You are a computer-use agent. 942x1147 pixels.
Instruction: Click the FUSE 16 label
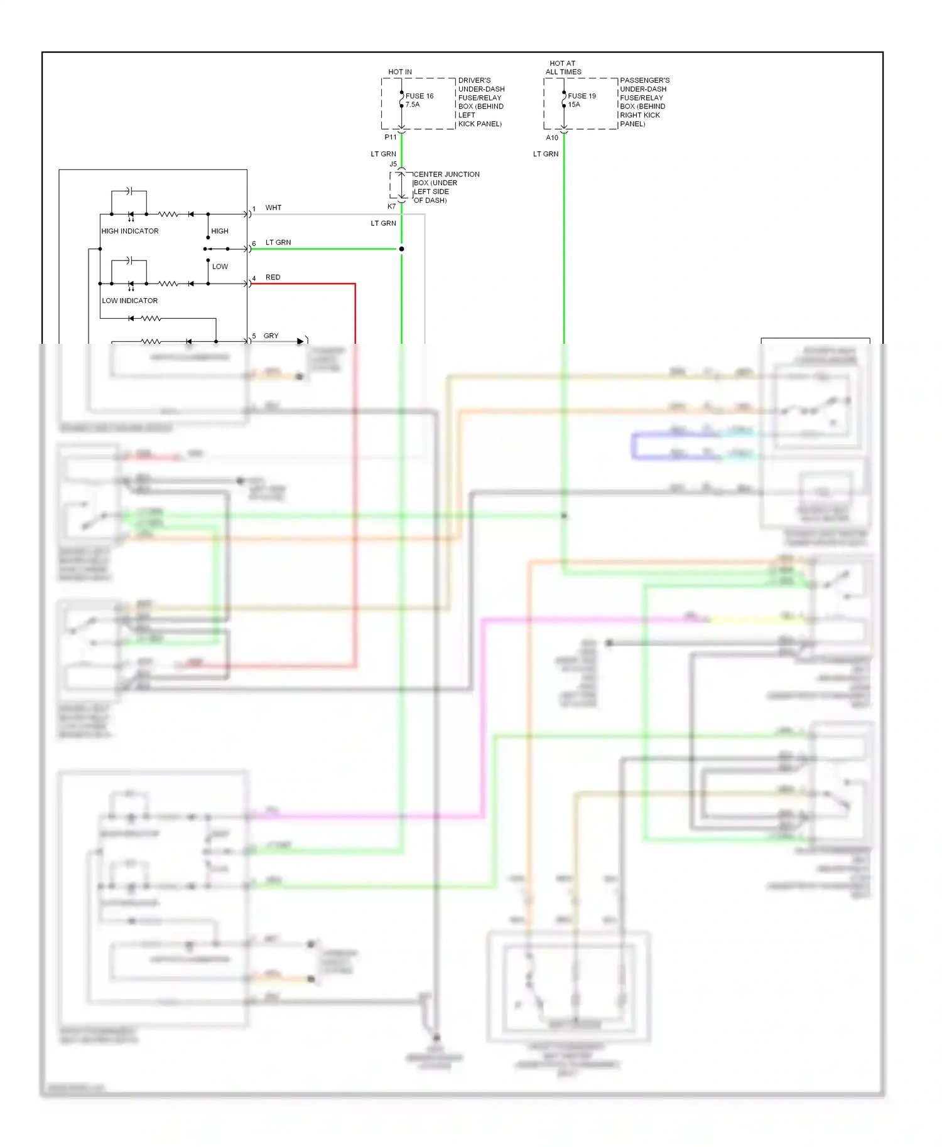click(x=419, y=96)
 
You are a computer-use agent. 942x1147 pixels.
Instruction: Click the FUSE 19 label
click(x=582, y=96)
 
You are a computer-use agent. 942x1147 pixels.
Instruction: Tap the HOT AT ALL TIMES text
click(x=563, y=68)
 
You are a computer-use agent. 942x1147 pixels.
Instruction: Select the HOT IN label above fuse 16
click(x=400, y=72)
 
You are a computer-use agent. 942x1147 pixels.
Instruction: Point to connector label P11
click(x=390, y=137)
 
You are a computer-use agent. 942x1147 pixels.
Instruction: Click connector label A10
click(x=551, y=137)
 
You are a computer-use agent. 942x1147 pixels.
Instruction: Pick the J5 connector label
click(x=393, y=164)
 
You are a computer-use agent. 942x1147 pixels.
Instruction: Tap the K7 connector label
click(x=391, y=206)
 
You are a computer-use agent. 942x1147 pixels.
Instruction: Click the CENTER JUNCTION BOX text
click(x=446, y=187)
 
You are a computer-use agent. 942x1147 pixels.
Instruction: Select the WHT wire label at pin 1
click(x=273, y=208)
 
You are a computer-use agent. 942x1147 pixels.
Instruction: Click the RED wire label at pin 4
click(x=273, y=277)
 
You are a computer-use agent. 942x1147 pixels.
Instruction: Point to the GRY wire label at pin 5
click(x=271, y=336)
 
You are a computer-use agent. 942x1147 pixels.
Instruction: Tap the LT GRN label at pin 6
click(x=278, y=242)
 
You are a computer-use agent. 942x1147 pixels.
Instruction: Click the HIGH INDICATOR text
click(x=130, y=231)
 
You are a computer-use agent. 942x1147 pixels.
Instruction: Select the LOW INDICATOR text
click(x=129, y=301)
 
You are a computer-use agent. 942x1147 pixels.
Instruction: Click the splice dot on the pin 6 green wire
click(x=401, y=249)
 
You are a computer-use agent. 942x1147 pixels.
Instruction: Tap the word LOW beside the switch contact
click(x=220, y=267)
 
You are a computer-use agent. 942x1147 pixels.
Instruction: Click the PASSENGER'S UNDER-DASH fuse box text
click(x=644, y=102)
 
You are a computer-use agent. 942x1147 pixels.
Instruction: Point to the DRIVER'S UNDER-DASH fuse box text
click(x=480, y=102)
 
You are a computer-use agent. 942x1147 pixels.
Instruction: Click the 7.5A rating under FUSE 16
click(x=413, y=105)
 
